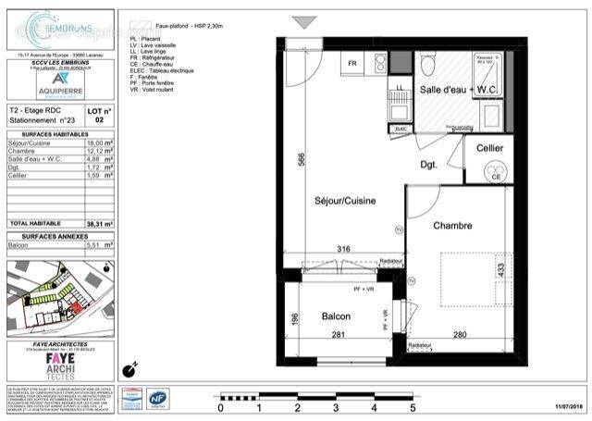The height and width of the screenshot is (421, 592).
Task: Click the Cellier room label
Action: (x=489, y=149)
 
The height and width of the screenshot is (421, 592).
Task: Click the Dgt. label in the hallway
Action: (x=428, y=165)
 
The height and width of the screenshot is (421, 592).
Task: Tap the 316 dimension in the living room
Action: (x=343, y=249)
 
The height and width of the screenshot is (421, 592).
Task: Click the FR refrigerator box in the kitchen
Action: (x=352, y=65)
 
